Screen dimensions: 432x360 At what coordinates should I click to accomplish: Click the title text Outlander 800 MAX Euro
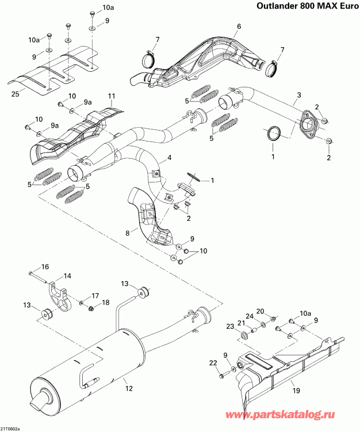coord(297,7)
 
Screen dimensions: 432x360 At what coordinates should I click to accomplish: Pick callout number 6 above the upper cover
coord(239,26)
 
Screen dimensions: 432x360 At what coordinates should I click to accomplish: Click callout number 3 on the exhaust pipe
coord(298,94)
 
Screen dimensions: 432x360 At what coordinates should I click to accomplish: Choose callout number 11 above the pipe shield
coord(112,95)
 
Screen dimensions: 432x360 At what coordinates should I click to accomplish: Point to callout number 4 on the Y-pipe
coord(169,157)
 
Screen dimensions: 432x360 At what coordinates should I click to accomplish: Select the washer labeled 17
coord(83,302)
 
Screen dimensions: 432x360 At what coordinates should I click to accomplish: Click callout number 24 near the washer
coord(250,316)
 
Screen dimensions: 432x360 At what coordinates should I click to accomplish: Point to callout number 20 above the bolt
coord(260,311)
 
